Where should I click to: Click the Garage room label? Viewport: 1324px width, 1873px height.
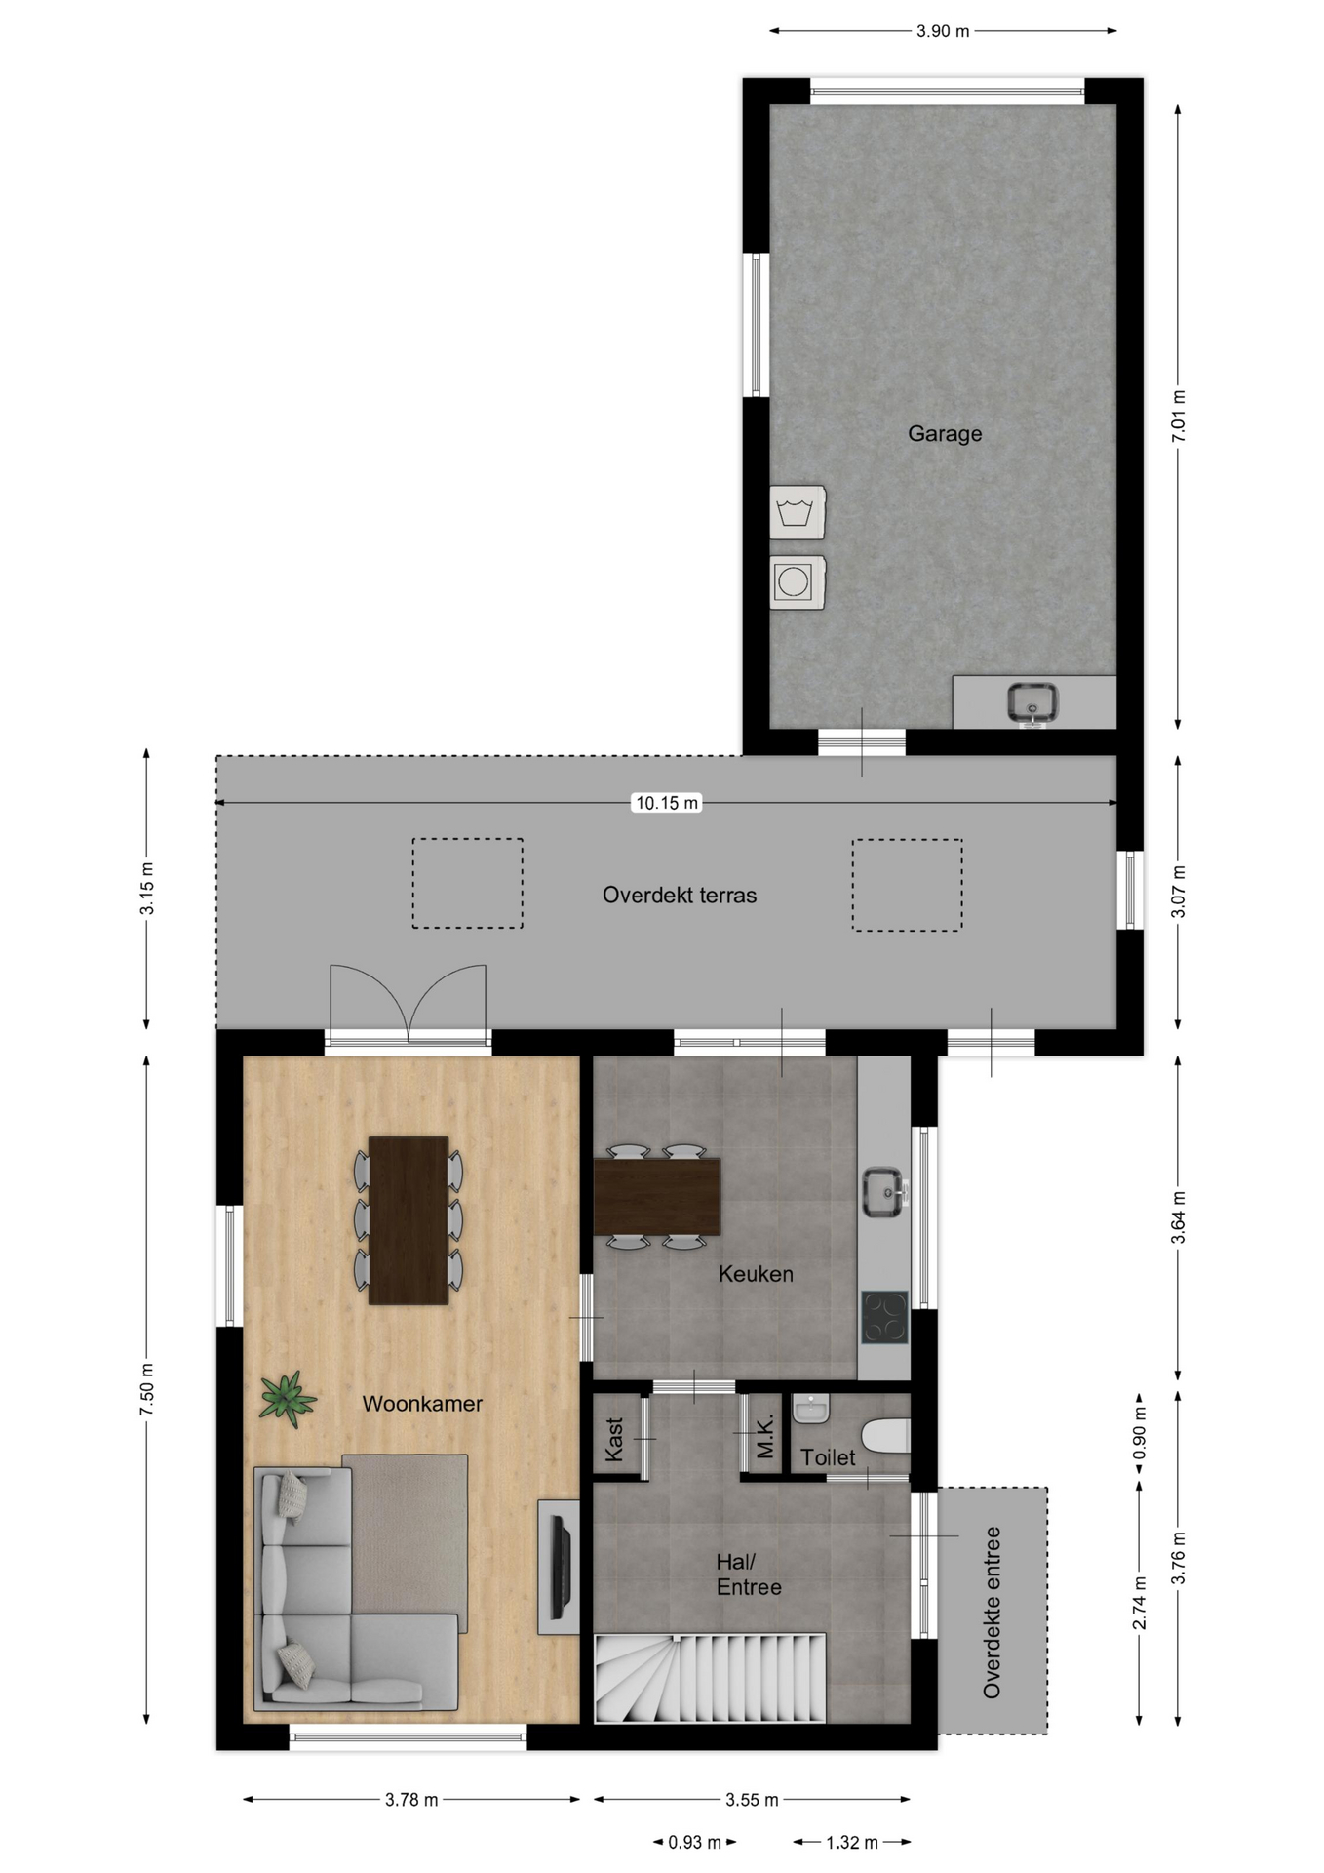(944, 433)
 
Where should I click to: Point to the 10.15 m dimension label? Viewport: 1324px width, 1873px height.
(667, 803)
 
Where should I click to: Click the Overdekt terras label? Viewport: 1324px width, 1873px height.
(680, 895)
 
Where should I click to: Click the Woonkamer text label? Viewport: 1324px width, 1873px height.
(422, 1404)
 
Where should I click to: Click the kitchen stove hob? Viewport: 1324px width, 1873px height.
(884, 1317)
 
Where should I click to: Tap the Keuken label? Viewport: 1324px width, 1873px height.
(756, 1273)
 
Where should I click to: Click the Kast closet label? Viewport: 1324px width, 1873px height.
(614, 1439)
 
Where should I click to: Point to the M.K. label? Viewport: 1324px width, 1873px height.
(765, 1437)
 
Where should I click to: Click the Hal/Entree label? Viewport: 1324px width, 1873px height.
(749, 1574)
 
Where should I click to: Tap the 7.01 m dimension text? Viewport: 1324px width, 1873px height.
(1178, 417)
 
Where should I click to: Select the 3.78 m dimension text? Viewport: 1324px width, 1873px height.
(411, 1800)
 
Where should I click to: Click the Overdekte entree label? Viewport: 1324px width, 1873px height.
(992, 1613)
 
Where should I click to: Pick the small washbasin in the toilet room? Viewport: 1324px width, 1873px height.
(810, 1409)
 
